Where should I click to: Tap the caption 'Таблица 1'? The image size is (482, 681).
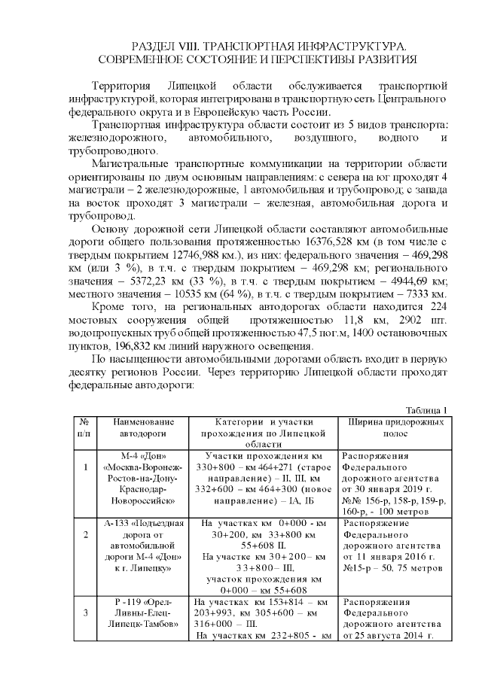coord(426,409)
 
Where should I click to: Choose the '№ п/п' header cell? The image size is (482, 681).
coord(84,429)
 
